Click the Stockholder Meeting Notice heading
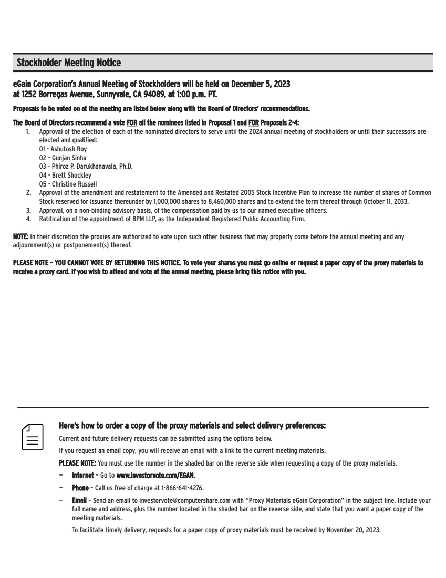tap(69, 63)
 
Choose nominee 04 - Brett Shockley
tap(65, 175)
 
